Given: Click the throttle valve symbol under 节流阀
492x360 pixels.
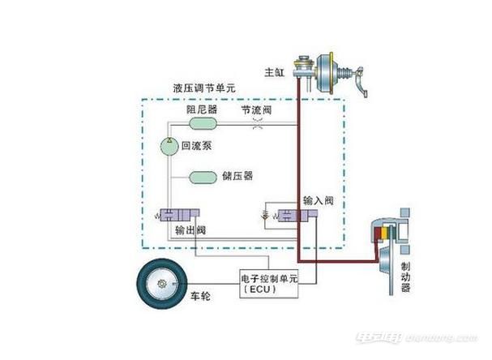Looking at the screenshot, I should point(259,126).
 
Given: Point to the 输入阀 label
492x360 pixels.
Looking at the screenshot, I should point(319,199).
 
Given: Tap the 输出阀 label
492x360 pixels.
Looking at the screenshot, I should point(191,231).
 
